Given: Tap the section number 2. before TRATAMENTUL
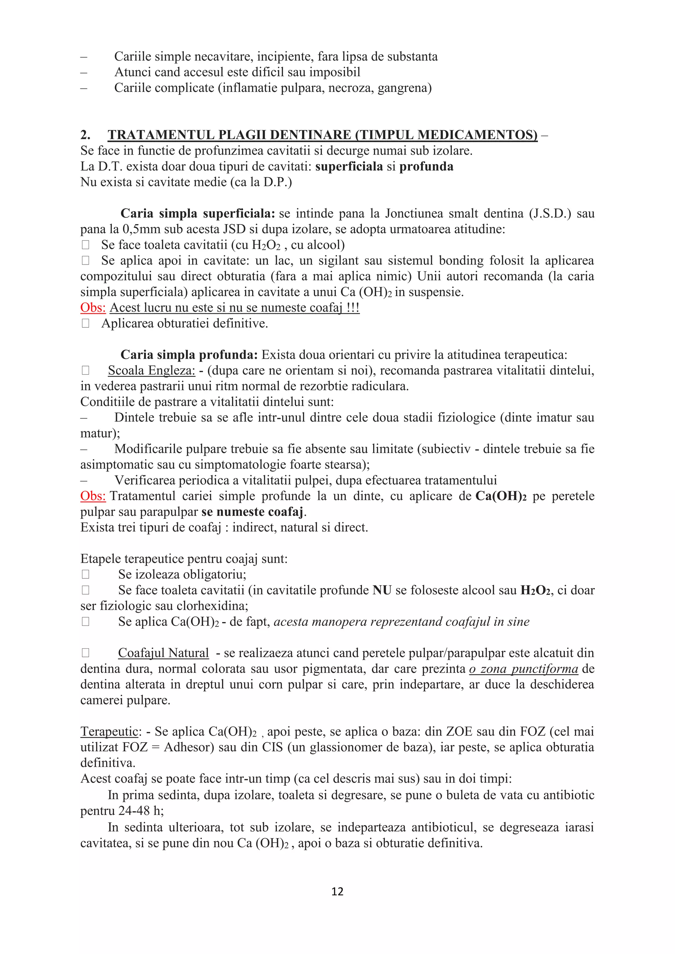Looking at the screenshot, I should coord(85,135).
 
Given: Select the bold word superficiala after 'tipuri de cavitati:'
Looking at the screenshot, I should coord(349,167).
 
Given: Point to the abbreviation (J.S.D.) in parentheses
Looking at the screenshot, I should coord(550,213).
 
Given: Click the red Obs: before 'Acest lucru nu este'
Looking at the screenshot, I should coord(93,308).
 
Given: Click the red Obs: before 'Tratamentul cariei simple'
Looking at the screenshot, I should coord(93,496).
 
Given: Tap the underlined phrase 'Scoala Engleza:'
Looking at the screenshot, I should coord(151,371).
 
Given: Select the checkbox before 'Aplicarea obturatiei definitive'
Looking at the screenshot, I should coord(86,324).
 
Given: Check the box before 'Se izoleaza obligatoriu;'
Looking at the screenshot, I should coord(86,575).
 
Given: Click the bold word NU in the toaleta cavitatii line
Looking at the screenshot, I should coord(382,590).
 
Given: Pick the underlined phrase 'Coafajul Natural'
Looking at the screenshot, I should coord(163,653).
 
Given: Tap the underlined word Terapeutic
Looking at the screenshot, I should coord(109,732).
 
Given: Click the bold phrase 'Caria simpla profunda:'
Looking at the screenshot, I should coord(189,355).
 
